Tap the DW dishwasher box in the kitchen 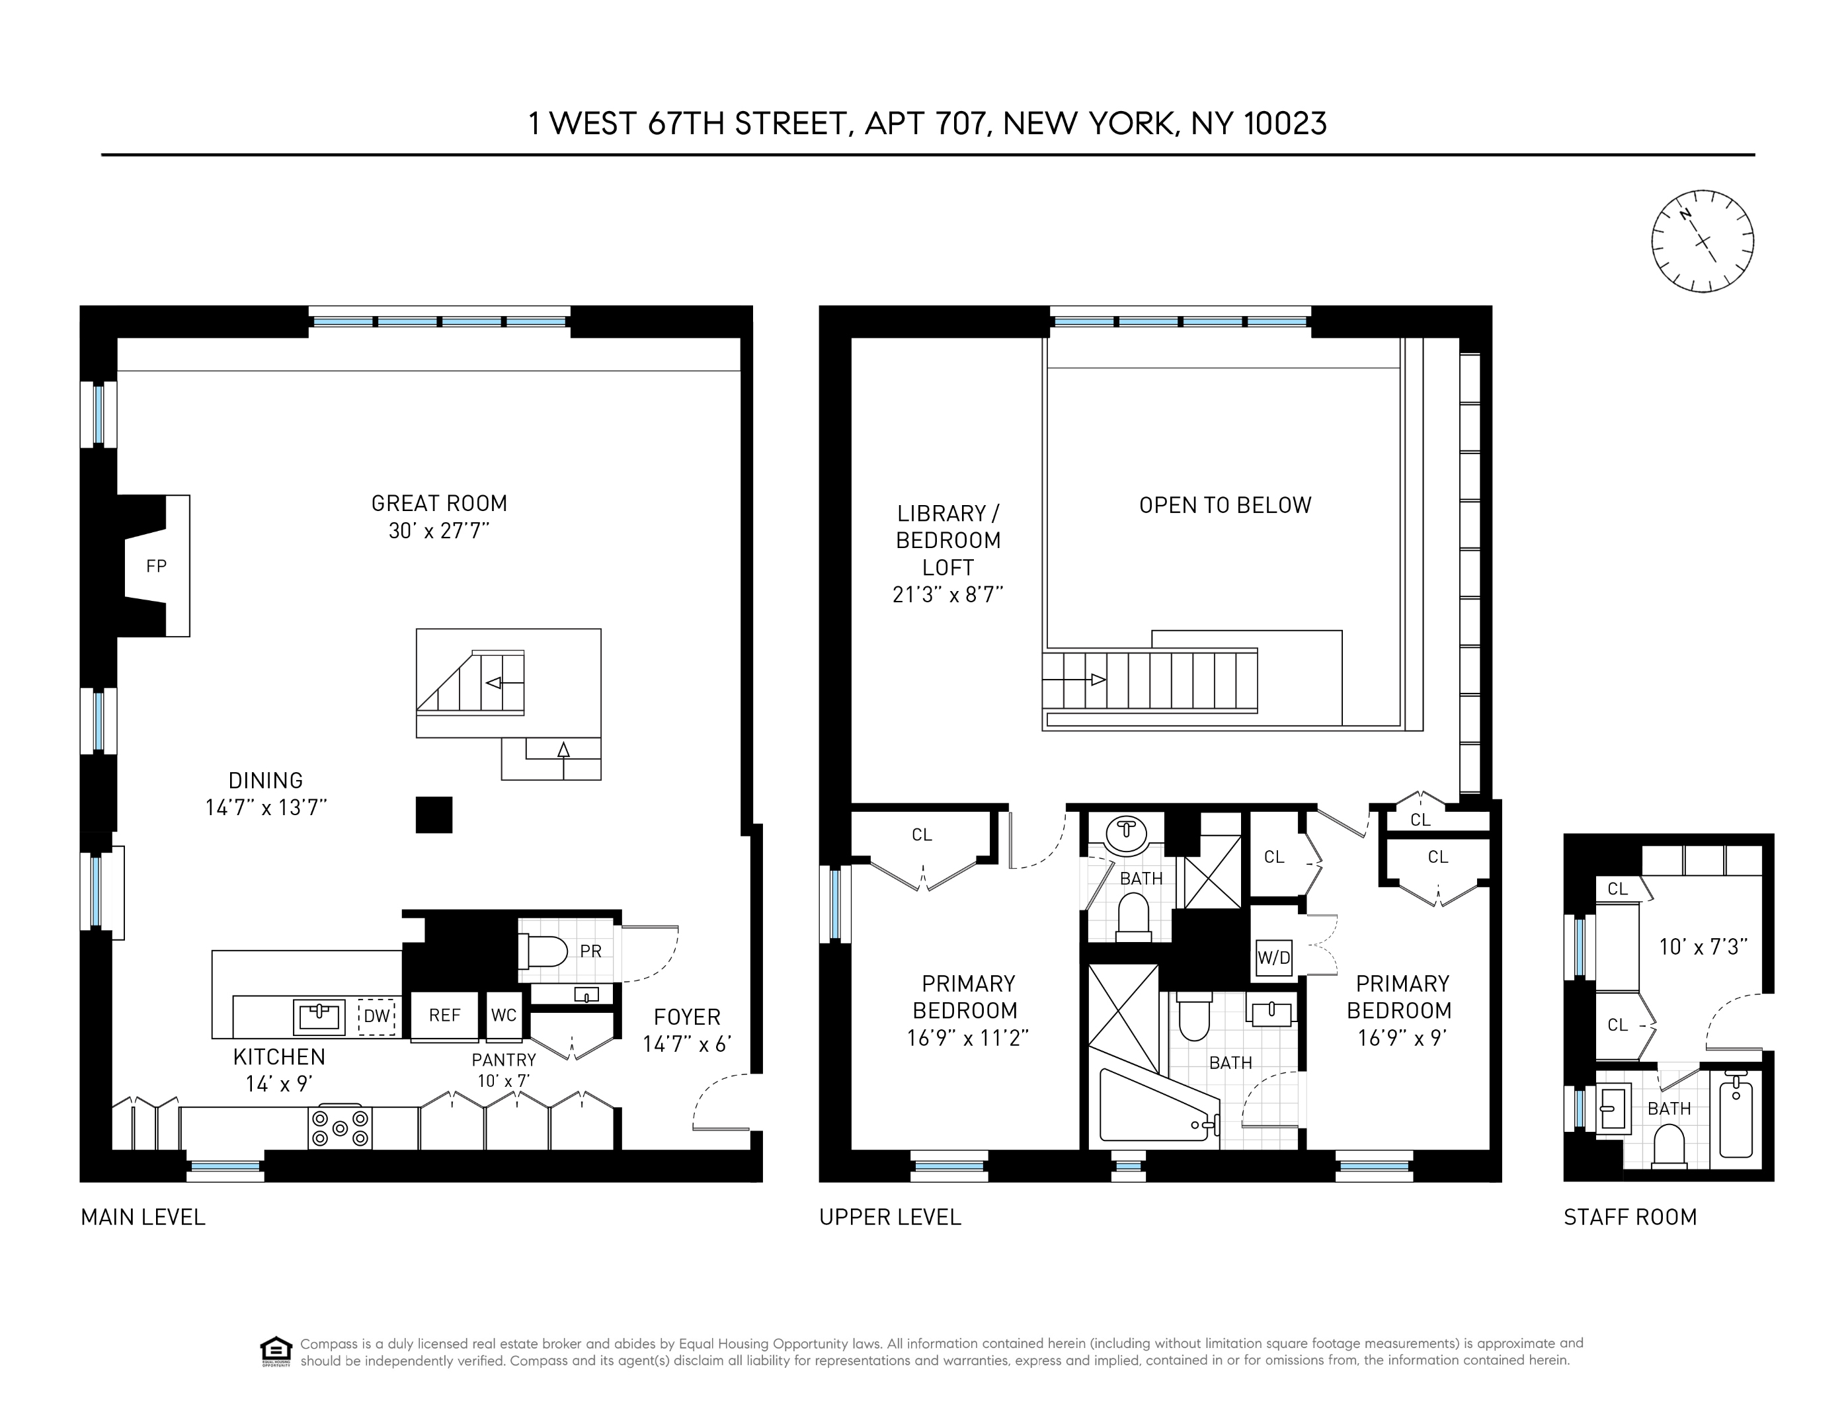point(376,1015)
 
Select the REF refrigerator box point(444,1015)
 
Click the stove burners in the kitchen point(340,1127)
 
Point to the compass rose point(1702,241)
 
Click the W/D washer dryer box point(1273,958)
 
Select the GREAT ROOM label point(439,503)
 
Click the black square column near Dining point(434,814)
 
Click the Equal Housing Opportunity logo point(276,1351)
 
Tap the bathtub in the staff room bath point(1736,1116)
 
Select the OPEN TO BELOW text point(1225,506)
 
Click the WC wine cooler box point(503,1015)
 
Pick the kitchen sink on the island point(319,1017)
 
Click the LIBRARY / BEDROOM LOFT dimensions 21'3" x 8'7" point(947,595)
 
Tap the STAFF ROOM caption point(1630,1217)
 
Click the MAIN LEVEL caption point(143,1217)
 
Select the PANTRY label point(503,1060)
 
